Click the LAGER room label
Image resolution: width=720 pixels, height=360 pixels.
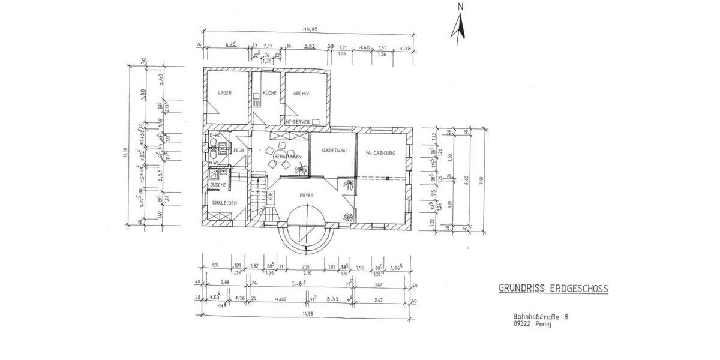(225, 93)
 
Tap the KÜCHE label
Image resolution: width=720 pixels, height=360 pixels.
(269, 93)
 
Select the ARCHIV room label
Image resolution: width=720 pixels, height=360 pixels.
(301, 93)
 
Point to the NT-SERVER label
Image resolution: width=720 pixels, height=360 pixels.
(298, 122)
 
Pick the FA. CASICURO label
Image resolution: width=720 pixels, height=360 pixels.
(380, 153)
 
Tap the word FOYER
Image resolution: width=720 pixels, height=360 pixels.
(307, 195)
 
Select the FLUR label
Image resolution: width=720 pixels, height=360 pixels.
(238, 150)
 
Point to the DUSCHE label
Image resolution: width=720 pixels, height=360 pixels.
(218, 185)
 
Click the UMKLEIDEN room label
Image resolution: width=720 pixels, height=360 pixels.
(224, 203)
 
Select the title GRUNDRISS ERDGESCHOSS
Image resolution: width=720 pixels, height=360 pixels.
(553, 289)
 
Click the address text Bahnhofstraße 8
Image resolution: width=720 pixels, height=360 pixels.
(539, 316)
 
